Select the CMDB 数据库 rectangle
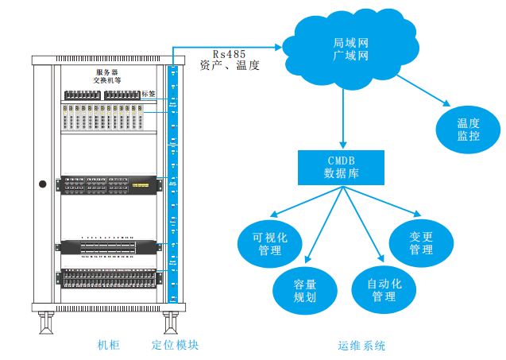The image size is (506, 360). tap(341, 166)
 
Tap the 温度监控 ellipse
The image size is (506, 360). tap(468, 130)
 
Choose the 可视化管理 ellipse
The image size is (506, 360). tap(269, 243)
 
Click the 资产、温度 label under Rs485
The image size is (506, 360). tap(230, 66)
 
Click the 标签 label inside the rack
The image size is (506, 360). tap(149, 94)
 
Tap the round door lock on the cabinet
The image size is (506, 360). tap(42, 184)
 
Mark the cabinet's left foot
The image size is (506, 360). tap(47, 323)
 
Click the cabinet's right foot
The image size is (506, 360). tap(169, 323)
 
